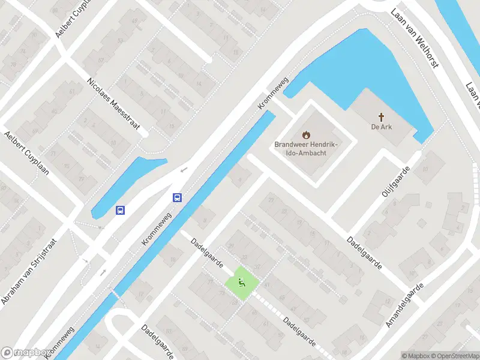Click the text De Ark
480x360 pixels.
coord(381,127)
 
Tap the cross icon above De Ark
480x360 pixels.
coord(381,116)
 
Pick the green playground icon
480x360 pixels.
coord(242,282)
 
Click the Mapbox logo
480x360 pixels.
coord(25,353)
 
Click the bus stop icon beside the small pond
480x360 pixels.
coord(121,210)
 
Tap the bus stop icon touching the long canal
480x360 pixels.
coord(178,197)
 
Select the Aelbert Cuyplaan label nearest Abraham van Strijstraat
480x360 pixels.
coord(27,154)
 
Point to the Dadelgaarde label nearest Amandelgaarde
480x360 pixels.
coord(364,253)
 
